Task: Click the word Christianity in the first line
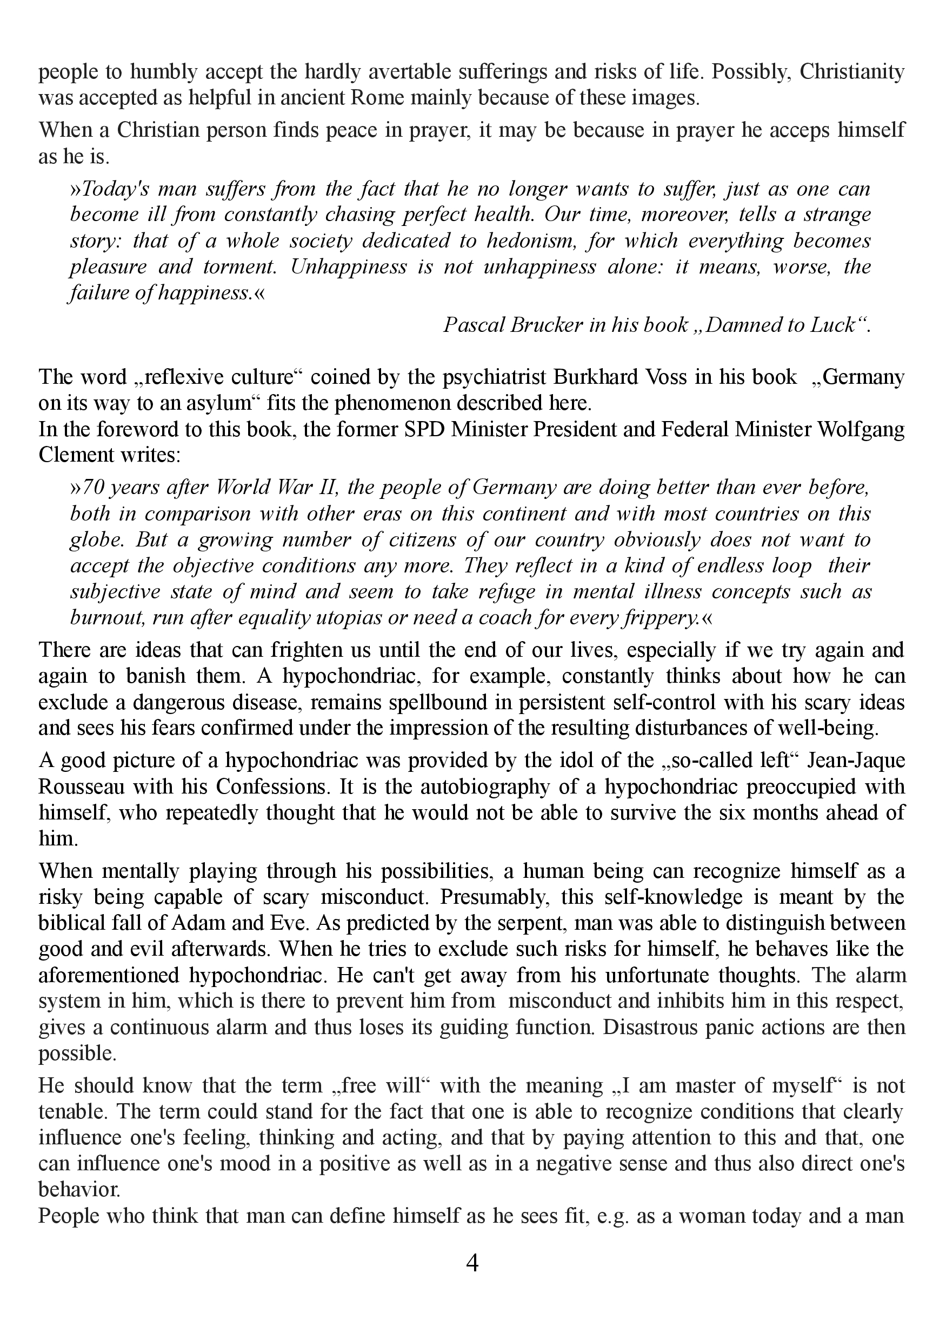click(x=852, y=72)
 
